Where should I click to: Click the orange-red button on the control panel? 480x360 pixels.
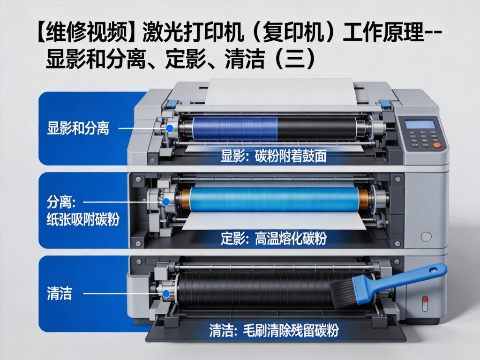(x=436, y=145)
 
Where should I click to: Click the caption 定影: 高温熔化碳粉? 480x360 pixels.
(x=274, y=239)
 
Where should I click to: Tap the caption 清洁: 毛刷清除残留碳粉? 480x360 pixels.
(x=274, y=331)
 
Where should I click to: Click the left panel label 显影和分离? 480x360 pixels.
(x=78, y=128)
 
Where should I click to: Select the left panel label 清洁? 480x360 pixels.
(x=59, y=293)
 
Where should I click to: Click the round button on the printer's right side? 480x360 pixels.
(x=426, y=237)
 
